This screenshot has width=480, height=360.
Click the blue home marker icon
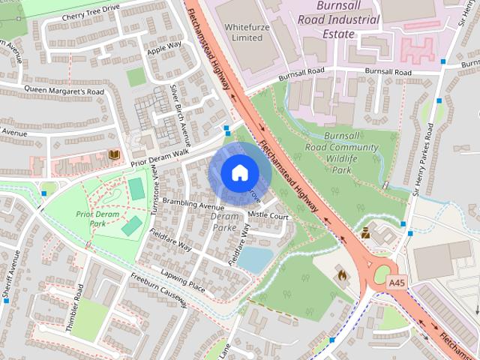click(238, 172)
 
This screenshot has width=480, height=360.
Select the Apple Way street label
click(164, 49)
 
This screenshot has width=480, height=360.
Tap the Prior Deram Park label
click(97, 218)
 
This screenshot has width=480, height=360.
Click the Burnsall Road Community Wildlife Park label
click(351, 153)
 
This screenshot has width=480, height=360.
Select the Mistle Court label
click(268, 215)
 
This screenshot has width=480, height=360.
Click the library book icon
click(114, 154)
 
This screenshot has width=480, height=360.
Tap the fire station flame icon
click(341, 274)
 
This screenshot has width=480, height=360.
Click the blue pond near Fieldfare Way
click(255, 259)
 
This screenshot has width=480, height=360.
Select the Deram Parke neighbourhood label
click(224, 221)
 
